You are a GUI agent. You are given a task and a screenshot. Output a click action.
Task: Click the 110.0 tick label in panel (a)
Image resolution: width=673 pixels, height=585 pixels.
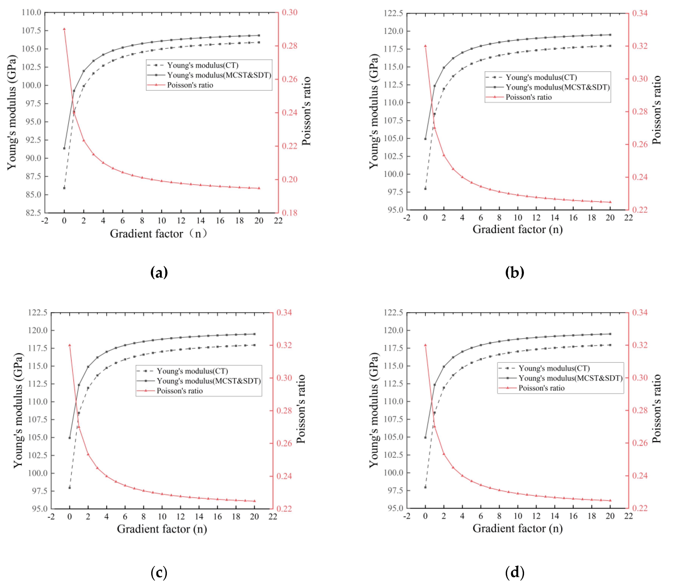(x=31, y=12)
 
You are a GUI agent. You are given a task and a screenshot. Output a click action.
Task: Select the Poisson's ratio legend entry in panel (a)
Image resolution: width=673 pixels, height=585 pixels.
(x=190, y=85)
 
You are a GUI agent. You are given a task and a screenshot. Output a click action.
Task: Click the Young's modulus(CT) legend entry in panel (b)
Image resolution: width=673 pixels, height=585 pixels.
(x=541, y=77)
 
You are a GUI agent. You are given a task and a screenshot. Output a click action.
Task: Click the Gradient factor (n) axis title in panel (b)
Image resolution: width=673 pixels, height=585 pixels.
(x=517, y=230)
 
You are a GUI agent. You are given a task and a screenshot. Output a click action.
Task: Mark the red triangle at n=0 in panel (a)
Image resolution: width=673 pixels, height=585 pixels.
(x=64, y=29)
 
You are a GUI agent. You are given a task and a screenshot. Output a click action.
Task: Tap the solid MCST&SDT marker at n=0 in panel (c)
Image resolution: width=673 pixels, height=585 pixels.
(x=70, y=438)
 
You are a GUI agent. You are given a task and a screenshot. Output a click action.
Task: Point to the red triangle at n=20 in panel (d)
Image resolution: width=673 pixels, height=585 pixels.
(x=610, y=500)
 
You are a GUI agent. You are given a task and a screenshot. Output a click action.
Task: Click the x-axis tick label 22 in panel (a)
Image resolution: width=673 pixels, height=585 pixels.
(x=278, y=221)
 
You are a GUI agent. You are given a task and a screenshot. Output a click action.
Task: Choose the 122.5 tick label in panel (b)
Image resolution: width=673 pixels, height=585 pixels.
(x=393, y=13)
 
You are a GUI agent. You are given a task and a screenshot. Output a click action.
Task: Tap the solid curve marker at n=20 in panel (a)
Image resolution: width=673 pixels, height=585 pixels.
(x=259, y=35)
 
